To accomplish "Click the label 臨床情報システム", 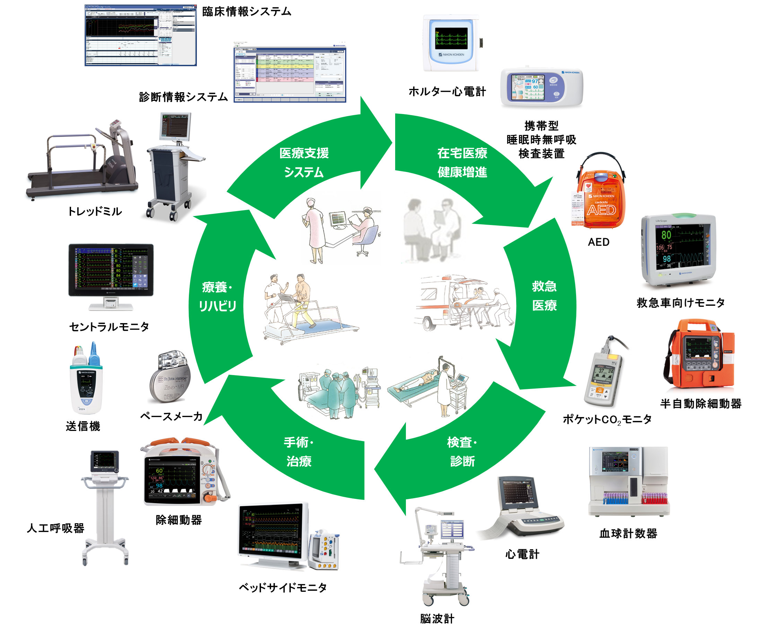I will [x=246, y=11].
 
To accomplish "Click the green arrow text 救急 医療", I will [x=544, y=296].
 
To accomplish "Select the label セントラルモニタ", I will [x=109, y=327].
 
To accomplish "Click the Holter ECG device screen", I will [x=451, y=38].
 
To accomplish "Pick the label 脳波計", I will [x=437, y=619].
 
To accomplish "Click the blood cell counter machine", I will [x=629, y=481].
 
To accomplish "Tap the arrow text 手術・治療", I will [x=298, y=451].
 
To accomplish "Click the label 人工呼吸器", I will [x=55, y=528].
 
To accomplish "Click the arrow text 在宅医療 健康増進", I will [x=462, y=163].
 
